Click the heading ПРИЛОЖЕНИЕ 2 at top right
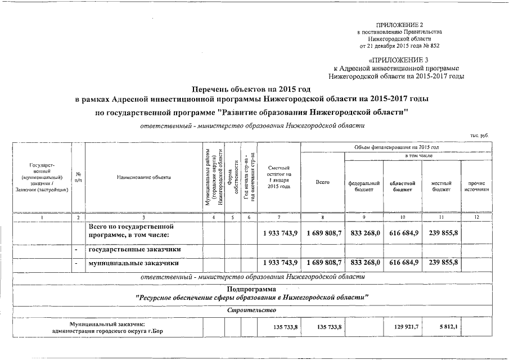point(400,25)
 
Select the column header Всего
point(322,183)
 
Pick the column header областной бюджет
point(402,186)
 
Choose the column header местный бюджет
point(441,186)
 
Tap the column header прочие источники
point(475,186)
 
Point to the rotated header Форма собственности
point(232,179)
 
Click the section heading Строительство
point(251,311)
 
